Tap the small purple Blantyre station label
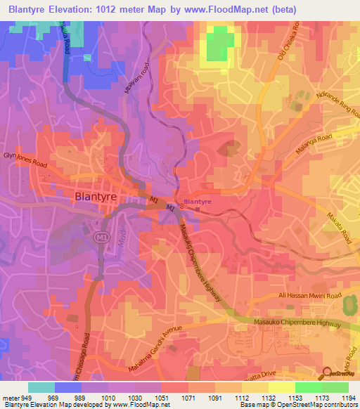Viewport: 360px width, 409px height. pyautogui.click(x=197, y=202)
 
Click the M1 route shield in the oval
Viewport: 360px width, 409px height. pyautogui.click(x=100, y=238)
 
